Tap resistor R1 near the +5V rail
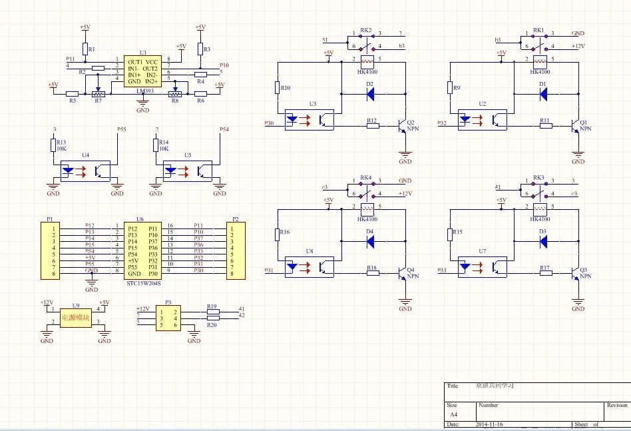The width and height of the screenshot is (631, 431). click(85, 49)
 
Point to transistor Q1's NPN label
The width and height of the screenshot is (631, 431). click(585, 129)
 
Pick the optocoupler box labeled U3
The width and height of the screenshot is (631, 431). click(312, 119)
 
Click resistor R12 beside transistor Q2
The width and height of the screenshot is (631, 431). click(372, 125)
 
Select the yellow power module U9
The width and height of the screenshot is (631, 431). click(75, 318)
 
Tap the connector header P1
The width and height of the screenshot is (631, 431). click(51, 250)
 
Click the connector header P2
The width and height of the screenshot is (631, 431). click(235, 250)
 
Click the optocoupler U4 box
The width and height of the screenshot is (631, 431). click(85, 170)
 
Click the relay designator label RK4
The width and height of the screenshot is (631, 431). click(365, 178)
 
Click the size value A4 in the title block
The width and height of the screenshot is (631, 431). click(454, 414)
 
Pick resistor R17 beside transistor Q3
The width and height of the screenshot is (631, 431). click(545, 273)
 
